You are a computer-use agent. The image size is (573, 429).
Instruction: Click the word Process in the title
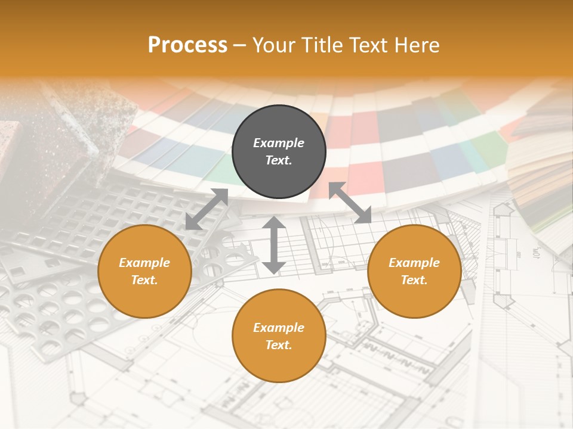187,45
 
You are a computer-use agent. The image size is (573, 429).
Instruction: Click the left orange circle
144,271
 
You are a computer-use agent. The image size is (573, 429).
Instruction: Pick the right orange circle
414,271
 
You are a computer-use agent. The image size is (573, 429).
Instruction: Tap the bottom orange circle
279,335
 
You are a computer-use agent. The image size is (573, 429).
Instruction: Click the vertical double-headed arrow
274,245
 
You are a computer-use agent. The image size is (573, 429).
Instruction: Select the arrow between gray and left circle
207,209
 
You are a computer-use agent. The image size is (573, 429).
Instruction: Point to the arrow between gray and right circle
350,203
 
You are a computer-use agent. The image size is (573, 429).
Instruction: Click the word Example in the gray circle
279,143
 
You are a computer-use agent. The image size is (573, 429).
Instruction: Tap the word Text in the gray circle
279,160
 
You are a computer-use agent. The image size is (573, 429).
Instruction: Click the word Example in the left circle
144,263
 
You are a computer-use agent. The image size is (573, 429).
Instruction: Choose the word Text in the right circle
414,280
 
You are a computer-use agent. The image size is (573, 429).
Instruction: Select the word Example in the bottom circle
279,328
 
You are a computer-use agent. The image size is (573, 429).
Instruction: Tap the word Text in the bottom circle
279,345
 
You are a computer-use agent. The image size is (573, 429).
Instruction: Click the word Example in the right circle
414,263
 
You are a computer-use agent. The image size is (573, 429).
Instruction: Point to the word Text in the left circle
144,280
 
